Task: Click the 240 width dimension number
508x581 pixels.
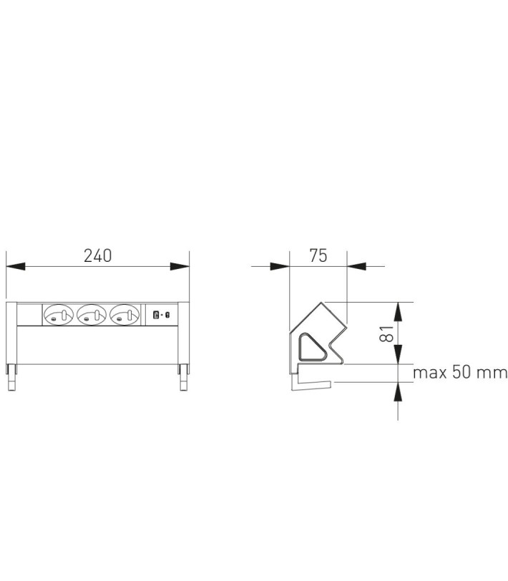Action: tap(97, 255)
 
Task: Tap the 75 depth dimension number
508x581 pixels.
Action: tap(318, 255)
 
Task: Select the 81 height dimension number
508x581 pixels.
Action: tap(386, 333)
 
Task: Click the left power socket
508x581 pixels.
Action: tap(59, 316)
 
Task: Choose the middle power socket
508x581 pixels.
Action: tap(92, 316)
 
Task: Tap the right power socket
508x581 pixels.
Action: tap(124, 316)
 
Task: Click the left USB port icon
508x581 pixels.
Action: tap(156, 316)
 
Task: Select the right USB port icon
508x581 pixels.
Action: tap(167, 316)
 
